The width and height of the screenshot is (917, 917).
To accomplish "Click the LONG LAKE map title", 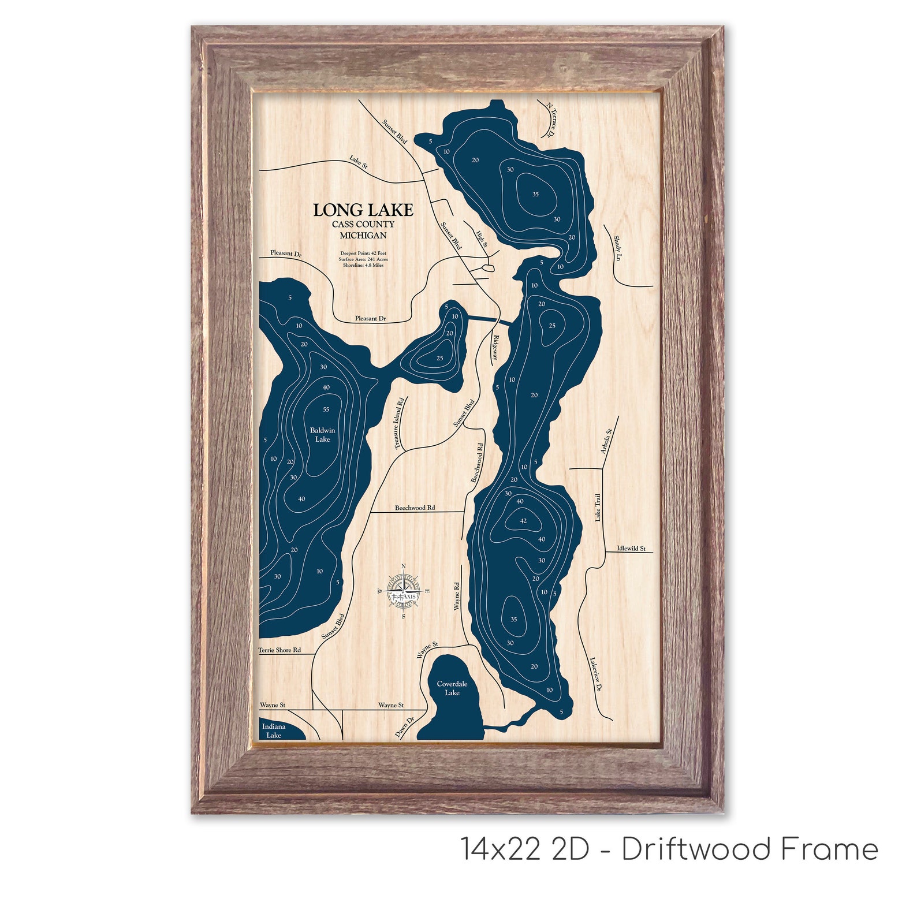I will click(363, 210).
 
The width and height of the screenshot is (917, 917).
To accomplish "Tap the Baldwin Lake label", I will click(322, 435).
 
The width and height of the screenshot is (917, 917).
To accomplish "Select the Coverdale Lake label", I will click(452, 688).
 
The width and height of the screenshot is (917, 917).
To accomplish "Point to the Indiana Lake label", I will click(274, 731).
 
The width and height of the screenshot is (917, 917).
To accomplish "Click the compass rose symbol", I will click(403, 592).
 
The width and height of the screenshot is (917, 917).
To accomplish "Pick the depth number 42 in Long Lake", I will click(523, 521).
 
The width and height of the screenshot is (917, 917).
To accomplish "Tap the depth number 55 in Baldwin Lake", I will click(326, 409).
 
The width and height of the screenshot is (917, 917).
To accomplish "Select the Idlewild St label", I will click(631, 549).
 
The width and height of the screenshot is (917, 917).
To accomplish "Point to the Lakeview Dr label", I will click(596, 674).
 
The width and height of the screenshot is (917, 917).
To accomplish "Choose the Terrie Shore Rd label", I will click(279, 650).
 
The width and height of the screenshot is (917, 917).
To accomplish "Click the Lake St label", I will click(359, 162).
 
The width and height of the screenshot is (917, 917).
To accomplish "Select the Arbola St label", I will click(606, 441).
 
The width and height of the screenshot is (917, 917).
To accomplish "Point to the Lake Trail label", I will click(598, 508).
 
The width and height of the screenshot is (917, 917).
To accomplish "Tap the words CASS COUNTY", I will click(363, 224).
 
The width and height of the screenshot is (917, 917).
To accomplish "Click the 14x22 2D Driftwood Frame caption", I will click(669, 849).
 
